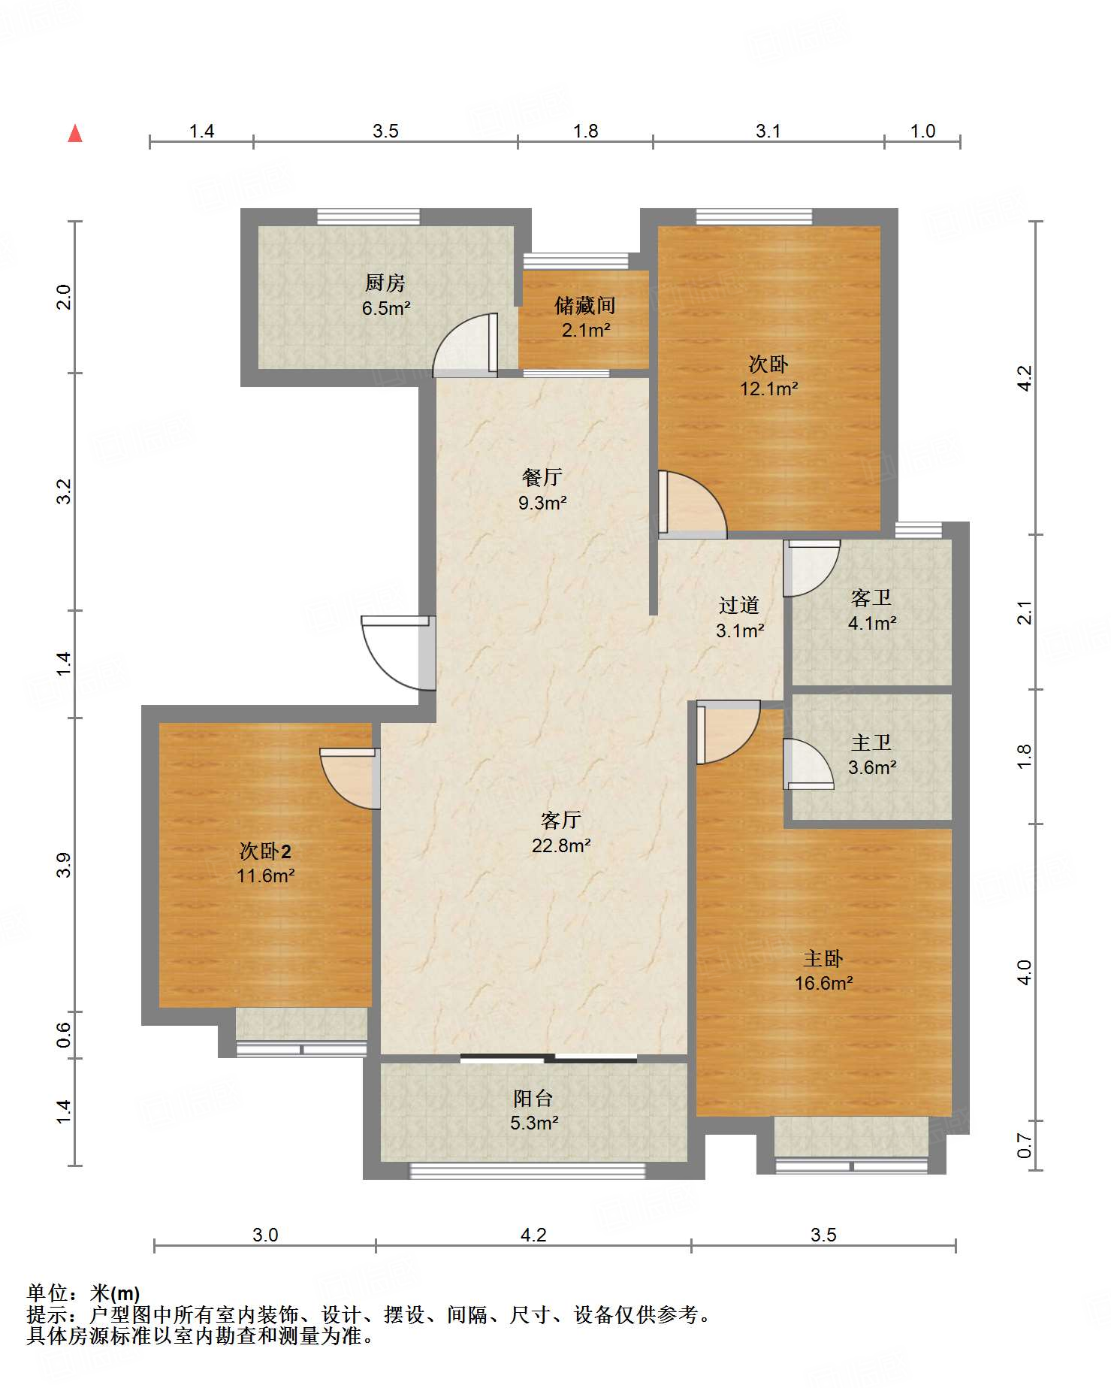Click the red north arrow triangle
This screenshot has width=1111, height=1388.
(x=75, y=134)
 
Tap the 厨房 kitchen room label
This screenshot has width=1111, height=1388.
(x=385, y=283)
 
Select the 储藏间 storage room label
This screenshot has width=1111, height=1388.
(x=585, y=305)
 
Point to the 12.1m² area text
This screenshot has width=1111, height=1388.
(x=768, y=389)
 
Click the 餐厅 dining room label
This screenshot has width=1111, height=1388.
(x=542, y=477)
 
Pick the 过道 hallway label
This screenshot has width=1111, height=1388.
(x=739, y=605)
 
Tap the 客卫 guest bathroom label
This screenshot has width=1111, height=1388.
(x=871, y=598)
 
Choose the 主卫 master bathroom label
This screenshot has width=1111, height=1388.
(x=871, y=742)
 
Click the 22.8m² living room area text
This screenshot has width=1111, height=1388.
(x=561, y=845)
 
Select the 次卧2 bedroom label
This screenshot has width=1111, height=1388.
(x=265, y=851)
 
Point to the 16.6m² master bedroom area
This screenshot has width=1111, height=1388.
(x=824, y=983)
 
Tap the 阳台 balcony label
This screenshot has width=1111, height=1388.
(x=533, y=1098)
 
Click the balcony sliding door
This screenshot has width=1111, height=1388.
(x=548, y=1058)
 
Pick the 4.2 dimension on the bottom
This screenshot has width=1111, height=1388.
(x=533, y=1235)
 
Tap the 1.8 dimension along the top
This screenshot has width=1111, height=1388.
(x=585, y=132)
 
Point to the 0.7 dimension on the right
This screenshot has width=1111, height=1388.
(x=1025, y=1145)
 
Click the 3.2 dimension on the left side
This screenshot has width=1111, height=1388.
(x=65, y=491)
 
